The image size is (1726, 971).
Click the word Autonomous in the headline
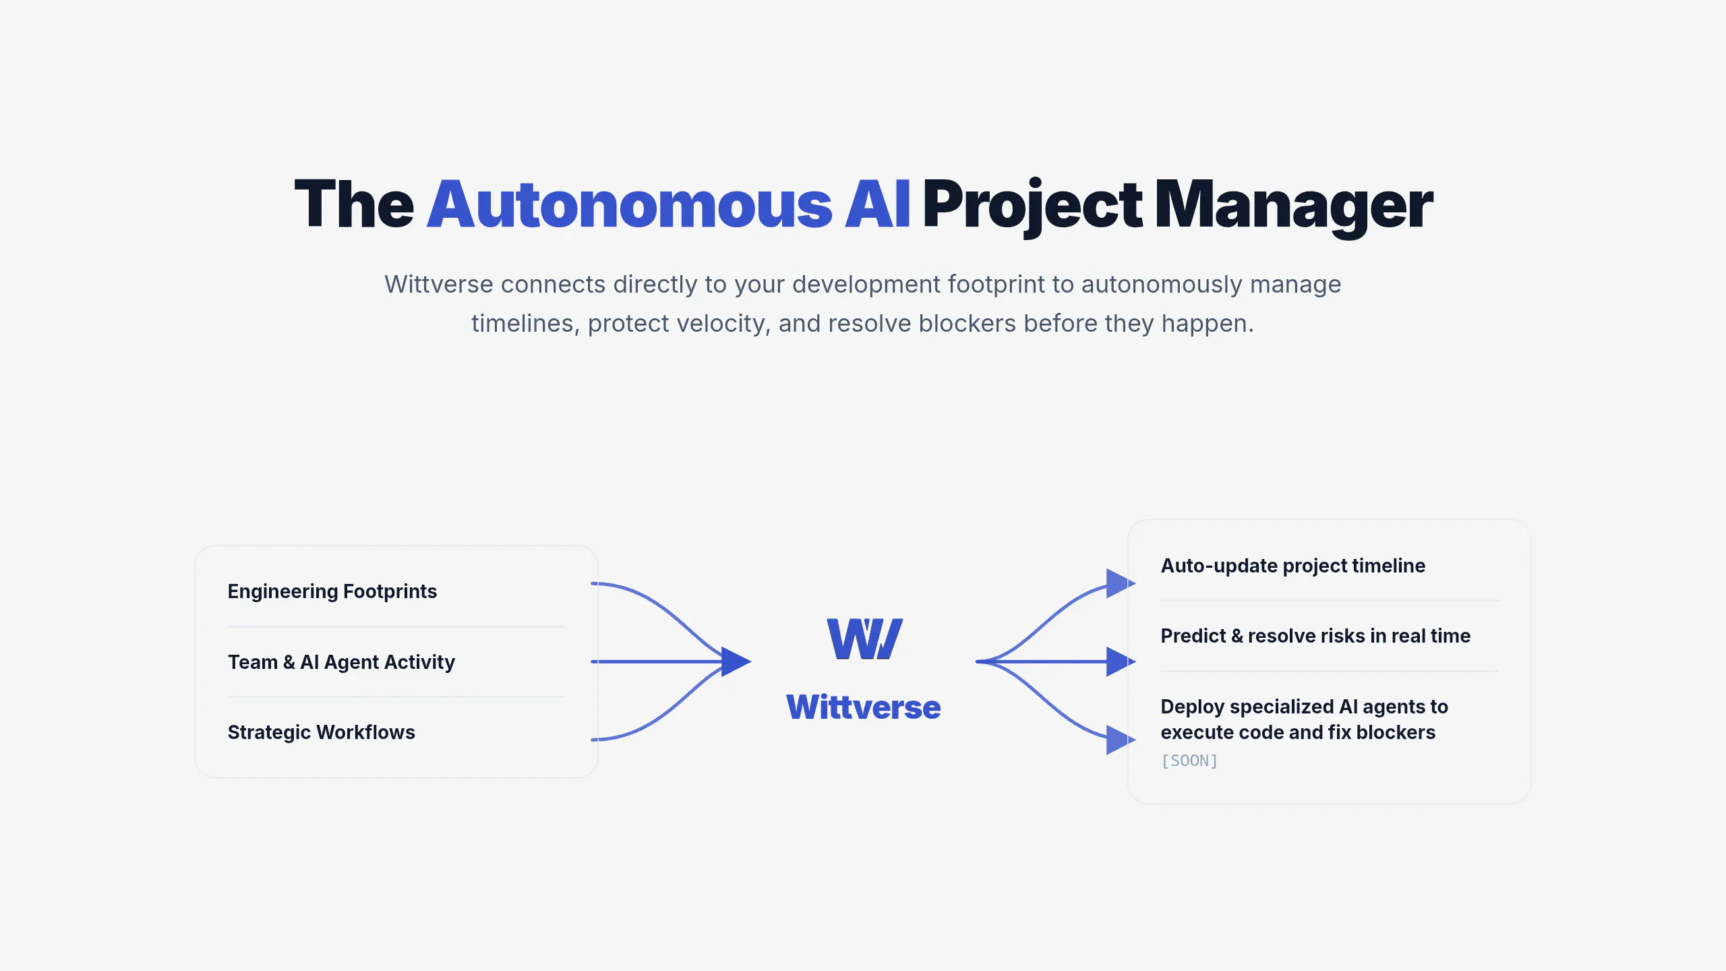click(x=630, y=204)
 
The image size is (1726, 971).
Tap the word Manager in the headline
click(x=1294, y=208)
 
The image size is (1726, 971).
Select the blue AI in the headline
click(x=877, y=204)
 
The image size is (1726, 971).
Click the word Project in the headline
click(x=1032, y=208)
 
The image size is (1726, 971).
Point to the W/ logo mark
click(x=864, y=639)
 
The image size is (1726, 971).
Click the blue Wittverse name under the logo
click(x=863, y=707)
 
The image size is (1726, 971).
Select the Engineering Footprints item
click(x=332, y=591)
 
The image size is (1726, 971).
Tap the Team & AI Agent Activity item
click(x=341, y=662)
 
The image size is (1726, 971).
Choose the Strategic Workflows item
click(x=321, y=732)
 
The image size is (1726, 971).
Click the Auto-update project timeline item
click(x=1293, y=566)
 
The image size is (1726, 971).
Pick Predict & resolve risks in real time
click(x=1315, y=636)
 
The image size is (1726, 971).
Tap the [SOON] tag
click(x=1189, y=761)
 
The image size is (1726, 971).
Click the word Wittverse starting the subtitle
click(x=439, y=285)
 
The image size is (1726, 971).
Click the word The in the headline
click(x=355, y=204)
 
